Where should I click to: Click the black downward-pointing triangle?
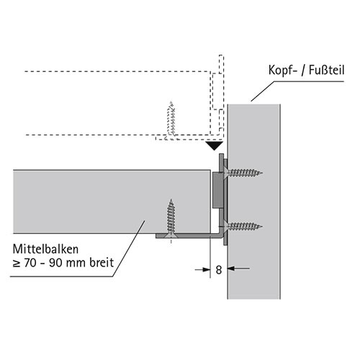pyautogui.click(x=214, y=145)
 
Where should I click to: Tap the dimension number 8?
pyautogui.click(x=219, y=270)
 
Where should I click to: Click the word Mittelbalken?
pyautogui.click(x=45, y=249)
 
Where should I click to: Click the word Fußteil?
pyautogui.click(x=326, y=70)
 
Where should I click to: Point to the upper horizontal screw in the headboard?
pyautogui.click(x=243, y=173)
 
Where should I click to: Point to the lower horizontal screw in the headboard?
pyautogui.click(x=243, y=226)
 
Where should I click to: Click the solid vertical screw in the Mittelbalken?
pyautogui.click(x=171, y=218)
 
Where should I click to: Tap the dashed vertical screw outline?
pyautogui.click(x=171, y=120)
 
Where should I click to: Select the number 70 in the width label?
pyautogui.click(x=30, y=263)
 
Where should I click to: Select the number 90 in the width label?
pyautogui.click(x=55, y=263)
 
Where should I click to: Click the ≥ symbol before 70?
pyautogui.click(x=17, y=264)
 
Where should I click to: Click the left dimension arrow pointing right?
pyautogui.click(x=202, y=270)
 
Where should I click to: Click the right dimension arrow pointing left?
pyautogui.click(x=238, y=269)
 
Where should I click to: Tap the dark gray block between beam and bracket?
pyautogui.click(x=218, y=190)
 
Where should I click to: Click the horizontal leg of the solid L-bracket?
pyautogui.click(x=187, y=236)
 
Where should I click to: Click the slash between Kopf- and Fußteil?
pyautogui.click(x=303, y=71)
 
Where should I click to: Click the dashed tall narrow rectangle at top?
pyautogui.click(x=221, y=64)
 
